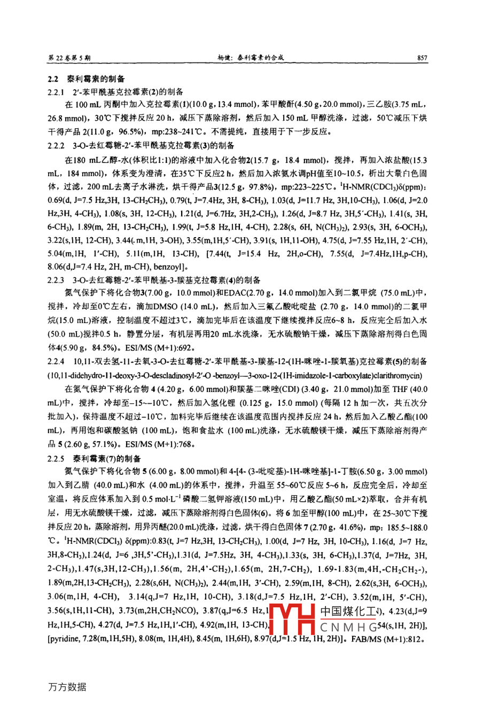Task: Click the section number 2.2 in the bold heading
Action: point(53,79)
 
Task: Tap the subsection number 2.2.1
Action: point(56,91)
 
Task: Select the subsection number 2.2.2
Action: point(56,145)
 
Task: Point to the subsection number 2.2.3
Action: point(56,279)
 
